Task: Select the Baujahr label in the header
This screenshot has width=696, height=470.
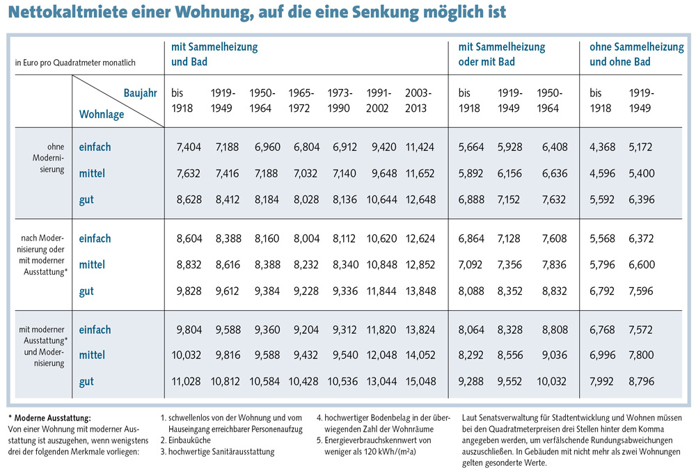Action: pyautogui.click(x=141, y=92)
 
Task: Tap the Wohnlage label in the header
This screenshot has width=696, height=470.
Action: pyautogui.click(x=102, y=113)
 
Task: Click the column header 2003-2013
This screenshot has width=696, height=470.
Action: pyautogui.click(x=418, y=100)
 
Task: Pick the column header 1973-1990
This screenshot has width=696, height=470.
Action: pyautogui.click(x=340, y=100)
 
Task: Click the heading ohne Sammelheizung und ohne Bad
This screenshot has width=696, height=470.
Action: pyautogui.click(x=636, y=54)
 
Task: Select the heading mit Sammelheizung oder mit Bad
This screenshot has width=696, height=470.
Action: pyautogui.click(x=501, y=54)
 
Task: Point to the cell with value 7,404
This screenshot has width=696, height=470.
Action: pyautogui.click(x=188, y=147)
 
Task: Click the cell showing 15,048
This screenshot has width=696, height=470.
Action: pyautogui.click(x=420, y=381)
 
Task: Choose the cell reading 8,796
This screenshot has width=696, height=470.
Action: pyautogui.click(x=641, y=381)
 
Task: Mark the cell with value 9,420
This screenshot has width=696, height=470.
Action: pyautogui.click(x=381, y=147)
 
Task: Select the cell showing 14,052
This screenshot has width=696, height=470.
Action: pyautogui.click(x=420, y=355)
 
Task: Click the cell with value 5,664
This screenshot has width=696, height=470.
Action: pyautogui.click(x=470, y=147)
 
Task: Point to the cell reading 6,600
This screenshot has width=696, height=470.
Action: pyautogui.click(x=641, y=265)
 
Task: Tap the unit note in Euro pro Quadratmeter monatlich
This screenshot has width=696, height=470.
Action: pyautogui.click(x=75, y=63)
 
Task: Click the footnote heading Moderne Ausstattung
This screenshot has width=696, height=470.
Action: pyautogui.click(x=52, y=418)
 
